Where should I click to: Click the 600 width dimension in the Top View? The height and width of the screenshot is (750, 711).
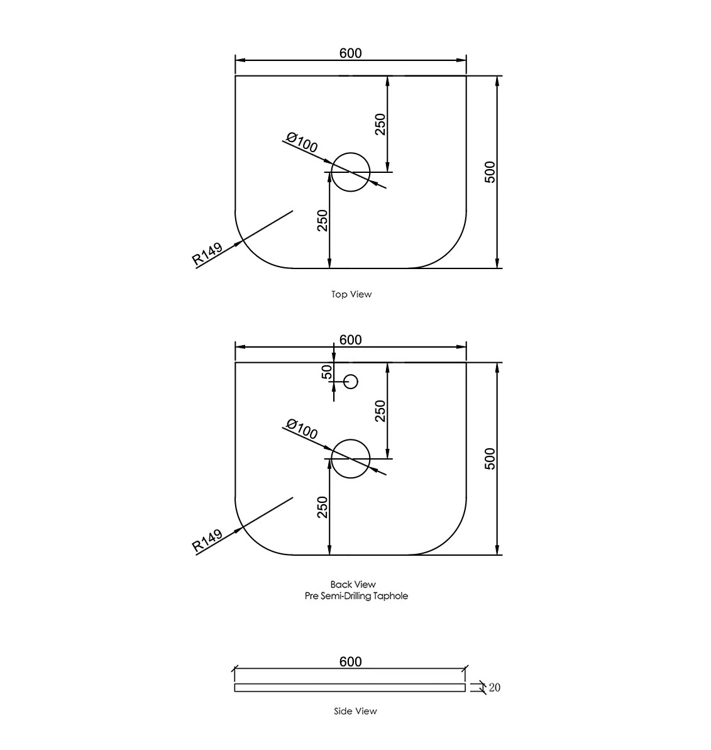coord(350,53)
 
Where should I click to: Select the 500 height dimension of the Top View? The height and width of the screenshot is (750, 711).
coord(490,172)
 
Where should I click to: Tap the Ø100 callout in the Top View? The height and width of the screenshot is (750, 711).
coord(302,143)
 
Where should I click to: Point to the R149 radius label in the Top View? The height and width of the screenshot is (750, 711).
coord(207,252)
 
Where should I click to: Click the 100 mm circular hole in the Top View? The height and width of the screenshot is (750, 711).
coord(350,172)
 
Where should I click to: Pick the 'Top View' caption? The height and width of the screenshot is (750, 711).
coord(351,294)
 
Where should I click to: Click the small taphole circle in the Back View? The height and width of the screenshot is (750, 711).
coord(351,381)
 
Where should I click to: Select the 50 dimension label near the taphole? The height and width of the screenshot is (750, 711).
coord(326,372)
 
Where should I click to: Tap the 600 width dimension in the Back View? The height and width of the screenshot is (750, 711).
coord(350,339)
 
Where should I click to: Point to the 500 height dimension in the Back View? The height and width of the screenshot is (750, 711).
coord(490,458)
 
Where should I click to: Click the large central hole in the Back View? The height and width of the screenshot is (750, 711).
coord(350,458)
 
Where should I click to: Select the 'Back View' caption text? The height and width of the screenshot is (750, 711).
coord(353,585)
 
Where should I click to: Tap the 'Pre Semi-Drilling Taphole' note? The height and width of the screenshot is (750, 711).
coord(356,596)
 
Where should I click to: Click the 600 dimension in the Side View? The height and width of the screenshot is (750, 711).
coord(350,661)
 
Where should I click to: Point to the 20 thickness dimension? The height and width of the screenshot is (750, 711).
coord(494,688)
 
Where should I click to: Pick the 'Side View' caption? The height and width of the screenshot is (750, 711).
coord(355,711)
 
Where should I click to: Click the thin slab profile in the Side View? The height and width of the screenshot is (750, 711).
coord(350,688)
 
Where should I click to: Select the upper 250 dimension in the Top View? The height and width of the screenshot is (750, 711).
coord(380,124)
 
